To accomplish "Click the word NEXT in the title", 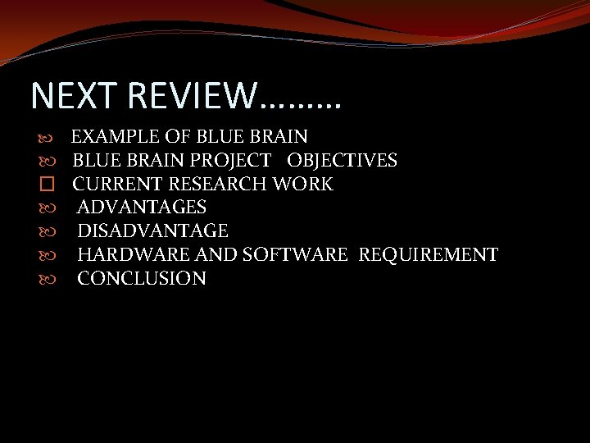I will tap(68, 95).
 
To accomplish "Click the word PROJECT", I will tap(233, 160).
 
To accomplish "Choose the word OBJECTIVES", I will tap(342, 160).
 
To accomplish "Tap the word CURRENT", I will tap(117, 184).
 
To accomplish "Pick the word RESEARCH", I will tap(218, 184).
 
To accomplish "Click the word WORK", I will tap(303, 184).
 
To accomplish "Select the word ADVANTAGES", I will tap(142, 208).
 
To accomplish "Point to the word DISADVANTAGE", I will tap(152, 231).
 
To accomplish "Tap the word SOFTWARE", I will tap(295, 255).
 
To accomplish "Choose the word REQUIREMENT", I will tap(428, 255).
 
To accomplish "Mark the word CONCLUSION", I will tap(142, 279).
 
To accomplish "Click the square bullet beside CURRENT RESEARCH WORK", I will tap(46, 184).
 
